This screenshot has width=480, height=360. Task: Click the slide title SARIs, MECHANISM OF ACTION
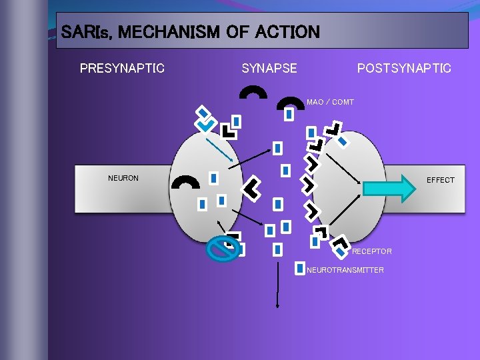point(190,31)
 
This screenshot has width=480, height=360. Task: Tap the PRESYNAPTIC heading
point(122,68)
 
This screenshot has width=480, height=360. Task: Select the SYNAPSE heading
point(269,68)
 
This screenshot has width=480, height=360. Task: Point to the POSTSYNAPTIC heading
point(404,68)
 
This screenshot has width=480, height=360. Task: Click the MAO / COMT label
point(330,102)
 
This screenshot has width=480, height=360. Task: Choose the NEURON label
point(123,178)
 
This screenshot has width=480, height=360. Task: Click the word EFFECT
point(441,180)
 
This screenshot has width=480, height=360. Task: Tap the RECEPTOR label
point(371,251)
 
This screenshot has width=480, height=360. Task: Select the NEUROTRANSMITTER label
point(345,270)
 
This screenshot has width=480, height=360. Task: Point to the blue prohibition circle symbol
point(223,249)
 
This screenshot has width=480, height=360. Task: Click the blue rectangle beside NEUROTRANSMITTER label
point(300,268)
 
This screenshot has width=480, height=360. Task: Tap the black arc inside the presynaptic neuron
point(185,181)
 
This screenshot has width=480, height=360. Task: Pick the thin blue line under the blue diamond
point(219,148)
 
